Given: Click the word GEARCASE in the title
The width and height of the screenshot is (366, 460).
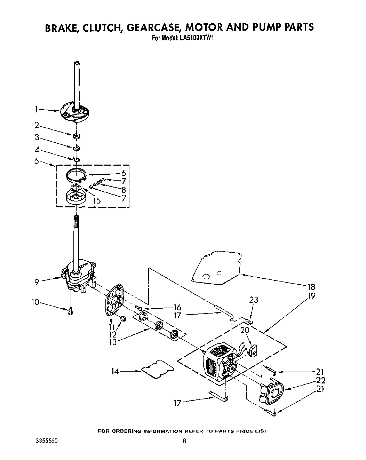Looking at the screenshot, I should pyautogui.click(x=154, y=27).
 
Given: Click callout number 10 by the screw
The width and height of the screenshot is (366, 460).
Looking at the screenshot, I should pyautogui.click(x=35, y=302).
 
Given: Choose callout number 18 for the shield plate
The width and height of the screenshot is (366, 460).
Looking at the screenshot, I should pyautogui.click(x=311, y=287).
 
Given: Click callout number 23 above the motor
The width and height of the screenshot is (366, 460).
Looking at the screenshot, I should pyautogui.click(x=254, y=300).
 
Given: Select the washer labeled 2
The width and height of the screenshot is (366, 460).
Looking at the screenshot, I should pyautogui.click(x=77, y=135).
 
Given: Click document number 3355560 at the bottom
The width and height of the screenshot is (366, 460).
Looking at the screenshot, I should pyautogui.click(x=46, y=441).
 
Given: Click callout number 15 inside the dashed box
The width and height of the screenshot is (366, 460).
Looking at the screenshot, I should pyautogui.click(x=97, y=200).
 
